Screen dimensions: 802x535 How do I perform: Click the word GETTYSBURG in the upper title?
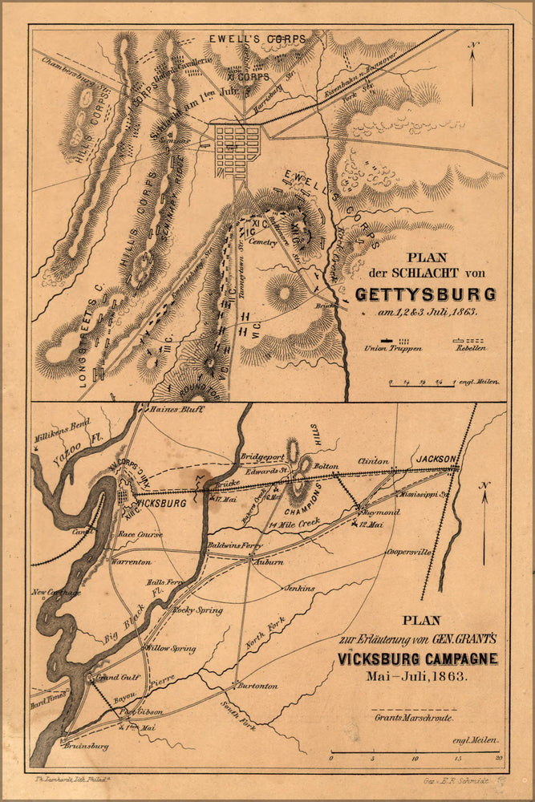click(x=425, y=294)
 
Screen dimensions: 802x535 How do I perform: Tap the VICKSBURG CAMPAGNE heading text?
click(x=417, y=658)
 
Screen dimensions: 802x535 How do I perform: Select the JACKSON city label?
click(x=436, y=459)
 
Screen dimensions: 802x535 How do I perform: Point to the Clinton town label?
click(x=373, y=462)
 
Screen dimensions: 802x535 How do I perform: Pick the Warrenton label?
click(x=131, y=562)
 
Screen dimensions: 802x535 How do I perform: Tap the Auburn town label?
click(x=269, y=562)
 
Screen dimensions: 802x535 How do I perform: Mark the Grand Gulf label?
click(x=118, y=677)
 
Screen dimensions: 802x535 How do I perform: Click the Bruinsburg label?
click(x=85, y=744)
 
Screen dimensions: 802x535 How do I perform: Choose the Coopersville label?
click(x=409, y=553)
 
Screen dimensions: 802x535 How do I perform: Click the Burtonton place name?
click(x=257, y=686)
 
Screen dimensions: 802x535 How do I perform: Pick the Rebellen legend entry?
click(x=468, y=348)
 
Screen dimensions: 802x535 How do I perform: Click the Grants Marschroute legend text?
click(x=412, y=717)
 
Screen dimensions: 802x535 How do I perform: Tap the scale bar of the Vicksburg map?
click(x=415, y=752)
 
